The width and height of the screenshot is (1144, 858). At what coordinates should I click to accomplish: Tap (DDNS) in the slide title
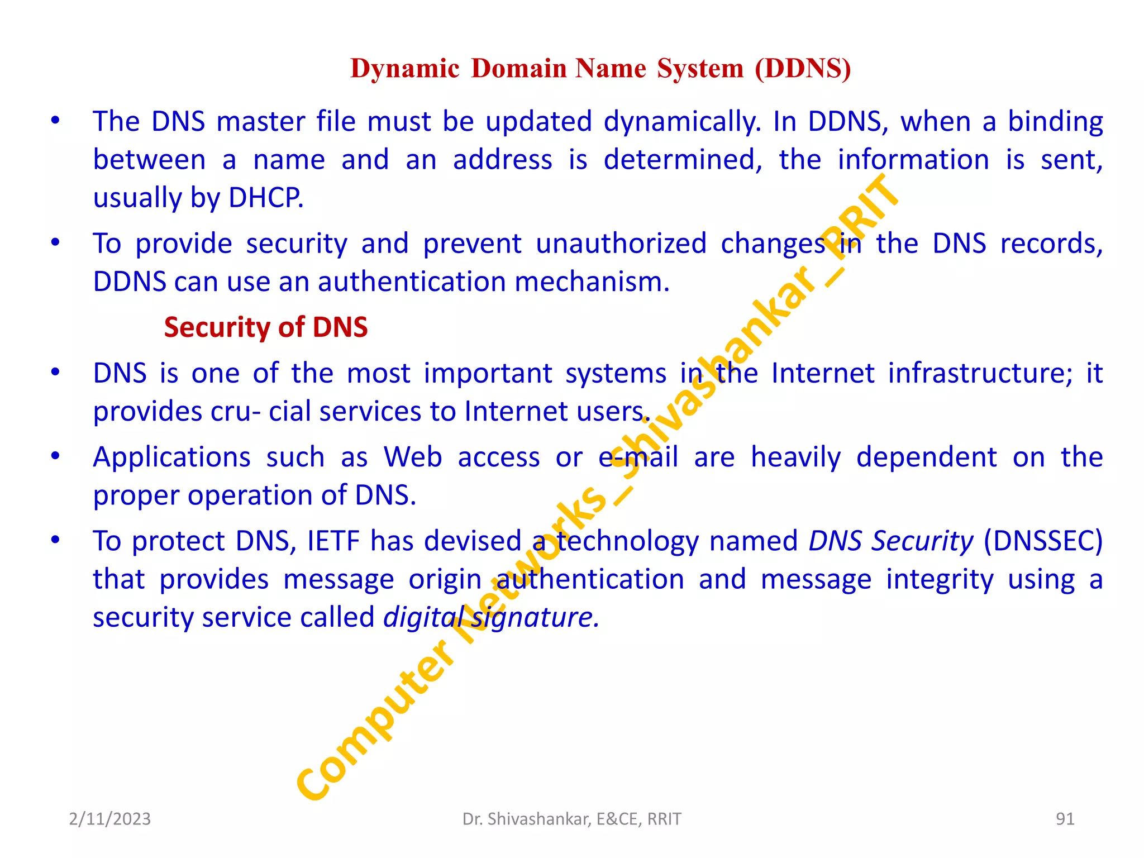coord(803,68)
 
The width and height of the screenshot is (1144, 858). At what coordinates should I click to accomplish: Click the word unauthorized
coord(621,244)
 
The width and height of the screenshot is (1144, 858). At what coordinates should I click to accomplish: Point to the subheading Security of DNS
coord(265,327)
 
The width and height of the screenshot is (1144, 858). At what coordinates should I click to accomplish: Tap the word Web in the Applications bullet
coord(413,457)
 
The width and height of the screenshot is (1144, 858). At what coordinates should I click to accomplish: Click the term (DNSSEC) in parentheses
coord(1043,541)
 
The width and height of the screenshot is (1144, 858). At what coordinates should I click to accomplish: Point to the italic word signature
coord(535,617)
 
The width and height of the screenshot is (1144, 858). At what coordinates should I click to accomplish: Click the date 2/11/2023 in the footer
coord(109,819)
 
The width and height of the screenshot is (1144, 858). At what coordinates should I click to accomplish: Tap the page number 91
coord(1065,819)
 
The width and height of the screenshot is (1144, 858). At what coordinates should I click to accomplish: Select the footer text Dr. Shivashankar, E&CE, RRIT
coord(571,819)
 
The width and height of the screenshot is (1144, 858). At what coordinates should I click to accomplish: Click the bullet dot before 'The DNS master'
coord(55,121)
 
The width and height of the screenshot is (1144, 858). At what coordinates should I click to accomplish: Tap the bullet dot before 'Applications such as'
coord(55,456)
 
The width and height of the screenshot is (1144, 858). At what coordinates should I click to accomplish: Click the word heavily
coord(795,457)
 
